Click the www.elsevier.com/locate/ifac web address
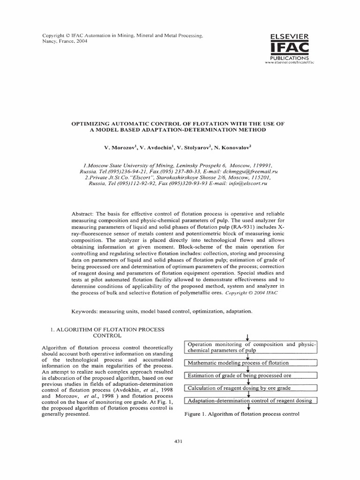pos(289,62)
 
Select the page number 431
pos(178,441)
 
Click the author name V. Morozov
pos(120,147)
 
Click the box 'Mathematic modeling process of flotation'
pos(251,363)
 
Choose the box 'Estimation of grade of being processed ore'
pos(251,375)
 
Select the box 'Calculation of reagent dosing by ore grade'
pos(251,388)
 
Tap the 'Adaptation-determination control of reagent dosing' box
pos(251,401)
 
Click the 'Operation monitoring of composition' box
pos(251,347)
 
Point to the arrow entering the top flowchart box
pos(247,337)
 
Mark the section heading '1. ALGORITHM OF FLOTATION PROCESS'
pos(107,330)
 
